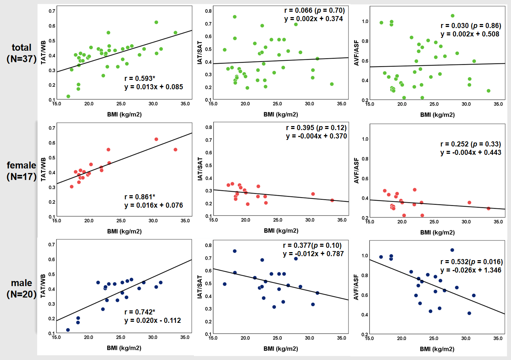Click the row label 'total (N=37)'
[22, 53]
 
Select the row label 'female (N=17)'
[22, 171]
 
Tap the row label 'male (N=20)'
[22, 289]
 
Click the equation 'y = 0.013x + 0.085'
[153, 87]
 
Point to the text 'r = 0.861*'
[140, 197]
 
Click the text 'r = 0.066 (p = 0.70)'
[314, 11]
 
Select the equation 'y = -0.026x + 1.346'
[471, 270]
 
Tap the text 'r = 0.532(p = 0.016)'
[471, 262]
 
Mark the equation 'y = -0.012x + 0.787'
[313, 254]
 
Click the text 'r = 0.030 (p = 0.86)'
[471, 26]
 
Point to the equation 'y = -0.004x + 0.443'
[471, 153]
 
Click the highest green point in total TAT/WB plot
[156, 22]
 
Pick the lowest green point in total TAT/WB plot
[68, 97]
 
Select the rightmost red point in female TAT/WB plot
[175, 150]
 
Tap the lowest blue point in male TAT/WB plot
[68, 330]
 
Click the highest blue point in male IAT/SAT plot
[235, 251]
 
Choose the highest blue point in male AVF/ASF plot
[452, 250]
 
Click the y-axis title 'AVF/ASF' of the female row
[356, 170]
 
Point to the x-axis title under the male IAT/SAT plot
[281, 349]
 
